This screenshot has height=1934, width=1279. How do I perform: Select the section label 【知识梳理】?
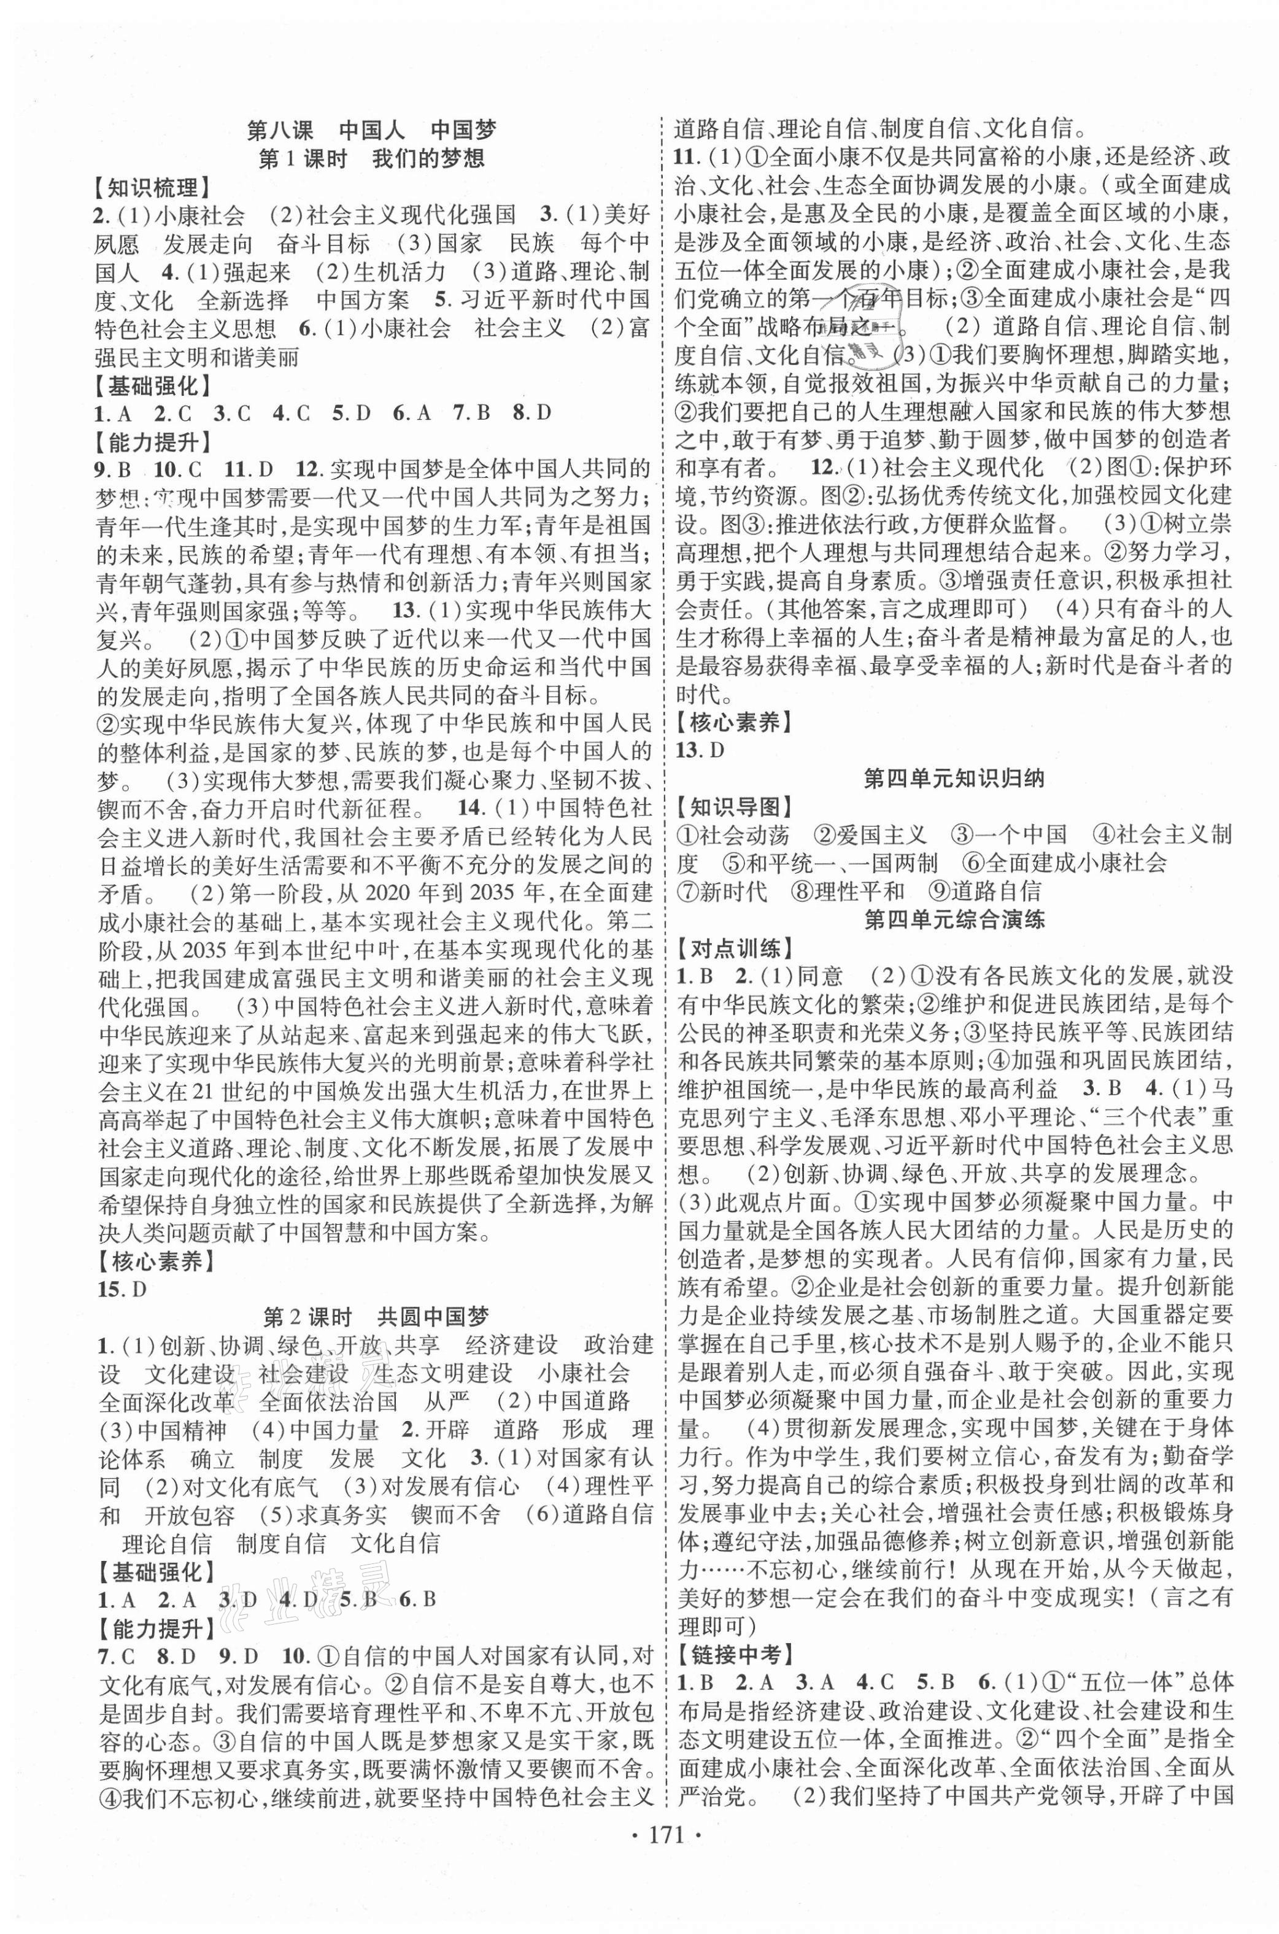pyautogui.click(x=148, y=188)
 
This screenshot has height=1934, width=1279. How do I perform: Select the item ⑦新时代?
pyautogui.click(x=721, y=891)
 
